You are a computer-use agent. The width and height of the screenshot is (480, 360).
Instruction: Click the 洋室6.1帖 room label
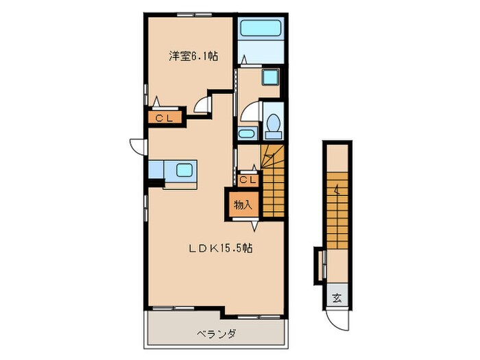[193, 56]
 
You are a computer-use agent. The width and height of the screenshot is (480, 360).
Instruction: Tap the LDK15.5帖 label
[220, 248]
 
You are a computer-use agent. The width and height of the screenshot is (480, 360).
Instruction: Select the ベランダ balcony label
[216, 333]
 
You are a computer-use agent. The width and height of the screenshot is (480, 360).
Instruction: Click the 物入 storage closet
[243, 204]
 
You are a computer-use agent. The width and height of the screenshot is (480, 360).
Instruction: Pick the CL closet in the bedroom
[165, 118]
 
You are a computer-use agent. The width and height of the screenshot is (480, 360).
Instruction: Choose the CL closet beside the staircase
[248, 180]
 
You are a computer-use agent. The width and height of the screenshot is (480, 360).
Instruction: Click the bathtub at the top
[261, 28]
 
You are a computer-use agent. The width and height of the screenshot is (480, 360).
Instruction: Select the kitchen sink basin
[184, 170]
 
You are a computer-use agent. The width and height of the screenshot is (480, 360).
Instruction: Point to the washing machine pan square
[271, 77]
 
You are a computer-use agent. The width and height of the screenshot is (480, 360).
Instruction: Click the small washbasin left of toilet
[248, 134]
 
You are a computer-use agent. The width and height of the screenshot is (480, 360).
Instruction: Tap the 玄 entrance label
[337, 298]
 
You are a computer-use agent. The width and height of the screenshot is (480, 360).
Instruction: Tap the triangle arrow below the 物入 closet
[254, 226]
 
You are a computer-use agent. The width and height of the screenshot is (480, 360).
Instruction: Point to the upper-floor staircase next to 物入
[274, 181]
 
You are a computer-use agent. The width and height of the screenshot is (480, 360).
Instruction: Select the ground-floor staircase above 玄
[337, 211]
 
